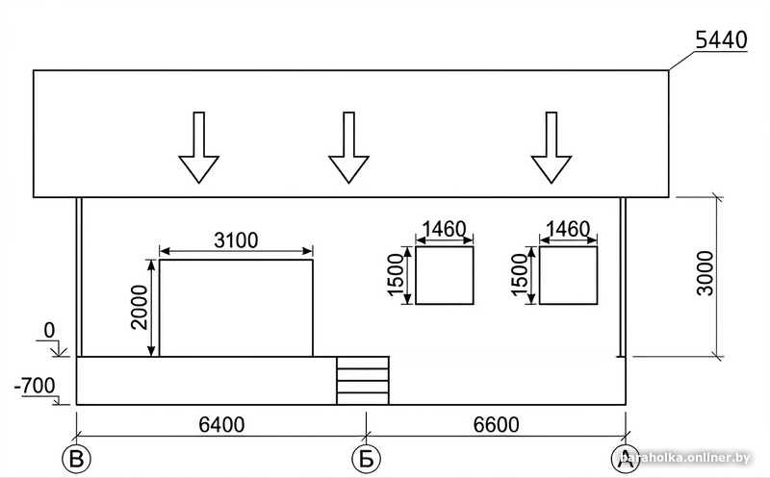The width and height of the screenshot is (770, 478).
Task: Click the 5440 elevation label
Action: [721, 40]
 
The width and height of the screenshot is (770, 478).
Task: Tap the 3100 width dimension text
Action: [236, 240]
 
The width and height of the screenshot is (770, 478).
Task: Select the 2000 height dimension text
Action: [140, 308]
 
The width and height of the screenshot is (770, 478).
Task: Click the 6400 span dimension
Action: [221, 424]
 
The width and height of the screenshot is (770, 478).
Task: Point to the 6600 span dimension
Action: [496, 424]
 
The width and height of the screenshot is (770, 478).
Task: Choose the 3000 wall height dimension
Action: [706, 273]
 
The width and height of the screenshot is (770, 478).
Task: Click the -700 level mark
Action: [35, 386]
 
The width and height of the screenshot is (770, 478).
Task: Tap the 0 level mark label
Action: [49, 331]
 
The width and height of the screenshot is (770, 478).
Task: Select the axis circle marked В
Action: [77, 459]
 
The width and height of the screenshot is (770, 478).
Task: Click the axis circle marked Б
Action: [367, 459]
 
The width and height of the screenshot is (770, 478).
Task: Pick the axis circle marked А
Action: [625, 459]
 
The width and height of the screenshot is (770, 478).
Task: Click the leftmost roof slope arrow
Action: [199, 148]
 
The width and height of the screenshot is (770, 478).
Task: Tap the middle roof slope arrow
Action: [348, 148]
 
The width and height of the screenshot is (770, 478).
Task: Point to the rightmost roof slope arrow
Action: [551, 148]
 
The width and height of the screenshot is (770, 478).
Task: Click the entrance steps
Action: [363, 381]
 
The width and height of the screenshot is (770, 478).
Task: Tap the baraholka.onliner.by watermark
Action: [685, 458]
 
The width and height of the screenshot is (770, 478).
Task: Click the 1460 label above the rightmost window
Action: [568, 229]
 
